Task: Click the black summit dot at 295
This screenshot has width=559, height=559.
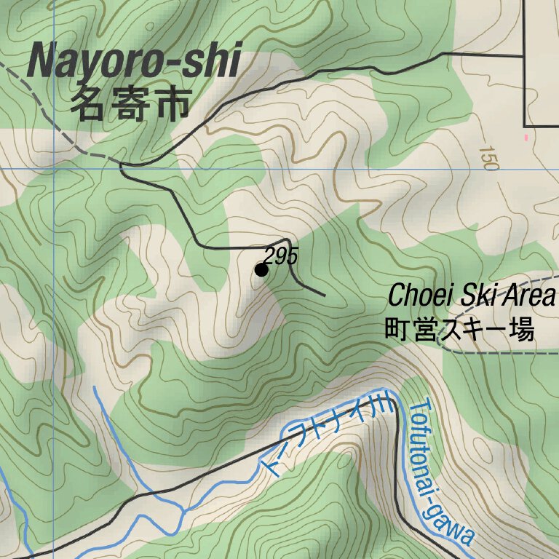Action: (x=261, y=270)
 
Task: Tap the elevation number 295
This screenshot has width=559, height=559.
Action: (x=281, y=256)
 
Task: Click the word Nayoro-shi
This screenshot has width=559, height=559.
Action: (x=133, y=61)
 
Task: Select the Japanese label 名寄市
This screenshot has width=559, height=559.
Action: (x=130, y=106)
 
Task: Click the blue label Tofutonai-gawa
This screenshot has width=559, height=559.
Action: (x=439, y=473)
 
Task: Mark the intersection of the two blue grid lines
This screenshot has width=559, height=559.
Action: (x=54, y=169)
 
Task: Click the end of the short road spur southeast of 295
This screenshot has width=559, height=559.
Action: (x=324, y=295)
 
